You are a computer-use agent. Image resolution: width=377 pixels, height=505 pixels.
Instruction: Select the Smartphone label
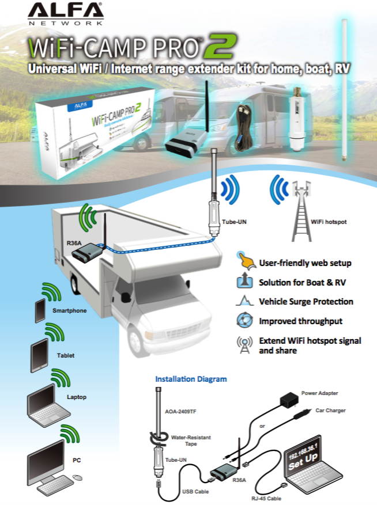coord(70,310)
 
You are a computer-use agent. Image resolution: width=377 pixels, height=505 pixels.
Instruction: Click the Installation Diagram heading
coord(191,379)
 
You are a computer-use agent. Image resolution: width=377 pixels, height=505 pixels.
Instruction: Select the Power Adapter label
coord(319,393)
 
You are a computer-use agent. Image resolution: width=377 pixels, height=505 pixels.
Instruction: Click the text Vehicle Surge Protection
coord(306,302)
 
